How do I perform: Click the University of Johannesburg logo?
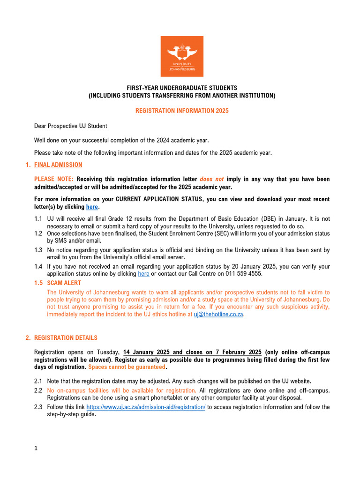click(x=182, y=56)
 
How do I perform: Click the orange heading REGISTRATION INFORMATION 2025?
click(x=182, y=111)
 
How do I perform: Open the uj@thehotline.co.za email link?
click(x=219, y=315)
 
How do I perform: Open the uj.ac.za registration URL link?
click(x=146, y=407)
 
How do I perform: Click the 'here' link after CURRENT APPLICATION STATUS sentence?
click(x=92, y=207)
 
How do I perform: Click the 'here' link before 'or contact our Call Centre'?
click(x=144, y=273)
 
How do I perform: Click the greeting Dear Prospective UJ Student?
click(x=71, y=126)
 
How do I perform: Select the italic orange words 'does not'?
click(x=212, y=179)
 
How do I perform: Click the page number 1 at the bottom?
click(x=36, y=448)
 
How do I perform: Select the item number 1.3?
click(x=38, y=250)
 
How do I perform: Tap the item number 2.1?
click(x=38, y=381)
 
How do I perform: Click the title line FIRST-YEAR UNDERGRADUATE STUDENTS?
click(x=182, y=88)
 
